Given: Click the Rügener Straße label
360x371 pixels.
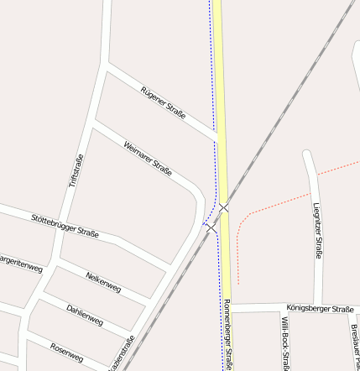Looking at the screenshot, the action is (x=163, y=102).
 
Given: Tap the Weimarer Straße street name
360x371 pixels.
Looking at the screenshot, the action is (x=148, y=158).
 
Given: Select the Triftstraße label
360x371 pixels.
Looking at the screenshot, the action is (x=76, y=171).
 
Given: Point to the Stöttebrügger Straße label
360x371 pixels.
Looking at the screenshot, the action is (x=65, y=226).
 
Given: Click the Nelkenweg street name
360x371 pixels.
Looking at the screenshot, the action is (x=103, y=282).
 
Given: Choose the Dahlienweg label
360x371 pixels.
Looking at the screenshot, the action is (x=85, y=314).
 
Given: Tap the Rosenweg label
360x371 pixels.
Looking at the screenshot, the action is (x=66, y=353).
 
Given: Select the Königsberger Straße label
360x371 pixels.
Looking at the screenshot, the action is (x=319, y=309).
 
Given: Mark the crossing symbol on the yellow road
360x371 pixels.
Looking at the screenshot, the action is (x=224, y=206).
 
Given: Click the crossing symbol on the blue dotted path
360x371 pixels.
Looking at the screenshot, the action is (x=211, y=227).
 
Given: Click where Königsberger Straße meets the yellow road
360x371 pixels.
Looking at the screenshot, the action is (x=228, y=308).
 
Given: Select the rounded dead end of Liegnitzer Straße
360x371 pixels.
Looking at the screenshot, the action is (x=309, y=154).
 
